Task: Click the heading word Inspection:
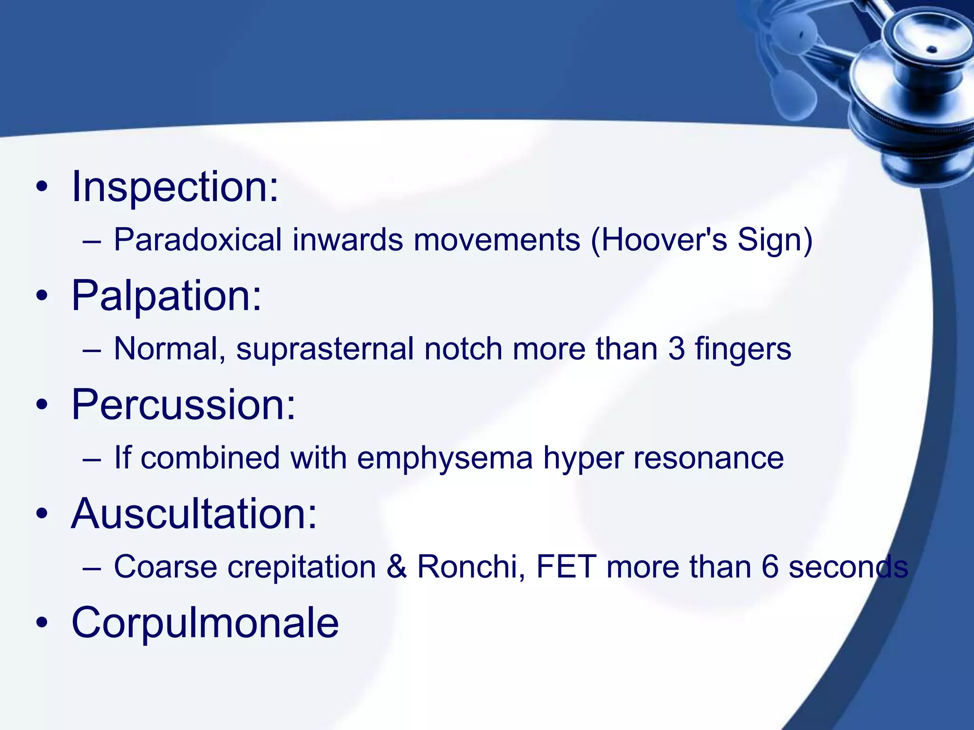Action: [175, 187]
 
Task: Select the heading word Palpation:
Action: [166, 296]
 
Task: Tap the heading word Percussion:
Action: [183, 405]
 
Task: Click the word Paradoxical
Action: [198, 240]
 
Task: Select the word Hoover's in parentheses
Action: [663, 240]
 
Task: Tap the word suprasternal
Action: [325, 349]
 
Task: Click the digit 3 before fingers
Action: [676, 349]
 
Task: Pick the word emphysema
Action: [445, 458]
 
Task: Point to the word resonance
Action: [708, 458]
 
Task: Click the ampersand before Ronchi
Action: [397, 567]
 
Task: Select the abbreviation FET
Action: [566, 567]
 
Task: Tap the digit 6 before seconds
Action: [769, 567]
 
